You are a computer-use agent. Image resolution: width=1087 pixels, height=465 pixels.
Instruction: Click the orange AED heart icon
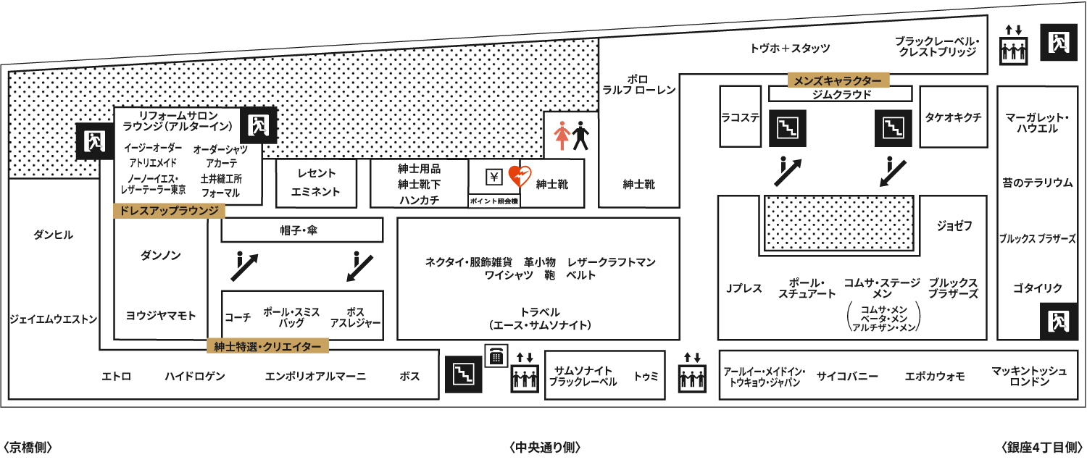pos(520,176)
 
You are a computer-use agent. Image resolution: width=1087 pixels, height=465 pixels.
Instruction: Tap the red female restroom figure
pos(562,135)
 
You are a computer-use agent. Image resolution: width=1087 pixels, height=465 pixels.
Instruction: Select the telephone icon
pos(496,356)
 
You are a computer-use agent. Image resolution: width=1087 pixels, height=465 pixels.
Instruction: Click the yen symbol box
pos(494,177)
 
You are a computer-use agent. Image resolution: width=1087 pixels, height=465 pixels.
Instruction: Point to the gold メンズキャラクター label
pos(838,80)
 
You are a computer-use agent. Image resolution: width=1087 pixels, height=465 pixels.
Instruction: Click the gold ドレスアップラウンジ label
pos(169,211)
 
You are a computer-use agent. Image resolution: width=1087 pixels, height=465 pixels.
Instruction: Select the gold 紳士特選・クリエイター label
pos(267,346)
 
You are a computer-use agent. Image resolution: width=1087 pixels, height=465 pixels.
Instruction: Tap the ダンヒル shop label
pos(54,235)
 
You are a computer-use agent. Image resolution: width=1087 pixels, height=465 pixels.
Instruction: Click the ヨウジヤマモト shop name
pos(161,316)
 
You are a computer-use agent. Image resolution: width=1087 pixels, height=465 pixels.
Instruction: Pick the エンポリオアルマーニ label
pos(315,376)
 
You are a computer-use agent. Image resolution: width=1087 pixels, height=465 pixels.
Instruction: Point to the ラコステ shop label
pos(740,117)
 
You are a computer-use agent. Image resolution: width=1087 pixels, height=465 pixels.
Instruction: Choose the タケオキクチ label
pos(953,117)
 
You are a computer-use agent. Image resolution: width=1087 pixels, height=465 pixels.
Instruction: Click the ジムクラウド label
pos(841,94)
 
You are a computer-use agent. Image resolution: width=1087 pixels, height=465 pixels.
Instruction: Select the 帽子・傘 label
pos(299,230)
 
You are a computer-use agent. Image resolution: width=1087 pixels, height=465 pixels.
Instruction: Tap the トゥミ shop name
pos(646,376)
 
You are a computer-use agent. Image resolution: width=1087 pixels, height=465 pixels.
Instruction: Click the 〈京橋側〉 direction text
pos(28,447)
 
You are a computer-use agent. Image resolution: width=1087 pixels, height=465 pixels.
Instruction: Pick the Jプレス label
pos(744,288)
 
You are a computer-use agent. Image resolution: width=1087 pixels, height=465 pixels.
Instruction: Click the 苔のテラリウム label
pos(1038,183)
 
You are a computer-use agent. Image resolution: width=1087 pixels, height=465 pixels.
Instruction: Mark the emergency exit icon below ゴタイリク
pos(1058,321)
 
